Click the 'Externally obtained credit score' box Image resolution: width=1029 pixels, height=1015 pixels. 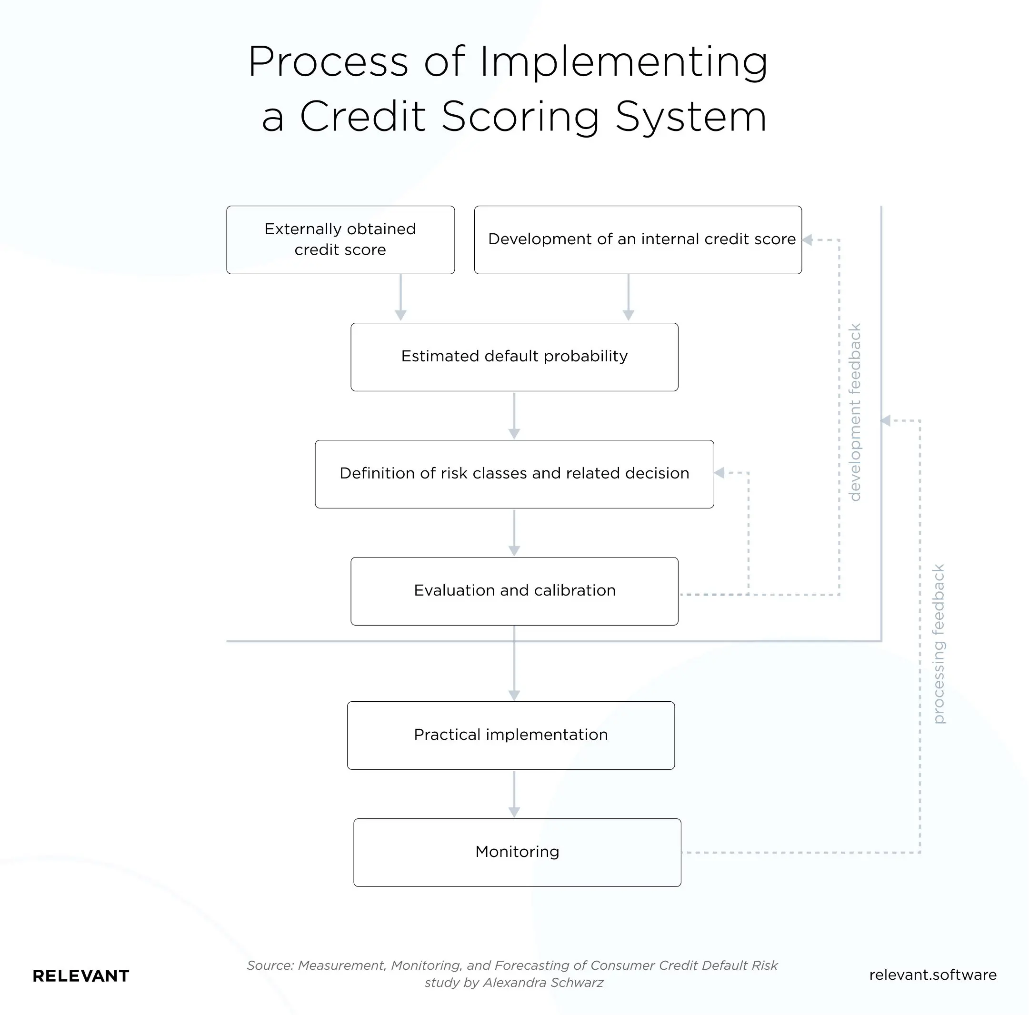(340, 239)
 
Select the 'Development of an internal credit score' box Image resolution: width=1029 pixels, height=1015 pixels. (638, 239)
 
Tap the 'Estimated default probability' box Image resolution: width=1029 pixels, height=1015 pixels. (514, 356)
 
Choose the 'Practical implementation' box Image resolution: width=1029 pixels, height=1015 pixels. (510, 735)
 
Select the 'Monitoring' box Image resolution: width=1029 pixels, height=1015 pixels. (517, 852)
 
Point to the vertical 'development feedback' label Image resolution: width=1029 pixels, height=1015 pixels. (854, 412)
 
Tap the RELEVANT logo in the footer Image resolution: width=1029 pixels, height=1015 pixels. (81, 975)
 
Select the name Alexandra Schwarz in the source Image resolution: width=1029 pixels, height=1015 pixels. (543, 983)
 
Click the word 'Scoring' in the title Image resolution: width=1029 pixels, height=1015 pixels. (520, 117)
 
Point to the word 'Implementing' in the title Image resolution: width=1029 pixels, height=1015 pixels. (624, 62)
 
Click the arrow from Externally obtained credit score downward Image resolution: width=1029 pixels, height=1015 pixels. (400, 298)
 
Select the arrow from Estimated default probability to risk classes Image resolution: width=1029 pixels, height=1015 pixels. (514, 415)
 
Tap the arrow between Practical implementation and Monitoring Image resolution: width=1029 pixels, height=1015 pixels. (514, 794)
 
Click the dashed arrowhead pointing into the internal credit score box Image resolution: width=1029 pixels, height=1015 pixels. (808, 240)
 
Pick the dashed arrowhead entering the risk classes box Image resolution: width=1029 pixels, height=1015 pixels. (719, 472)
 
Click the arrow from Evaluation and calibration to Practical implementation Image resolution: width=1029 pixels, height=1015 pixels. (514, 664)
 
